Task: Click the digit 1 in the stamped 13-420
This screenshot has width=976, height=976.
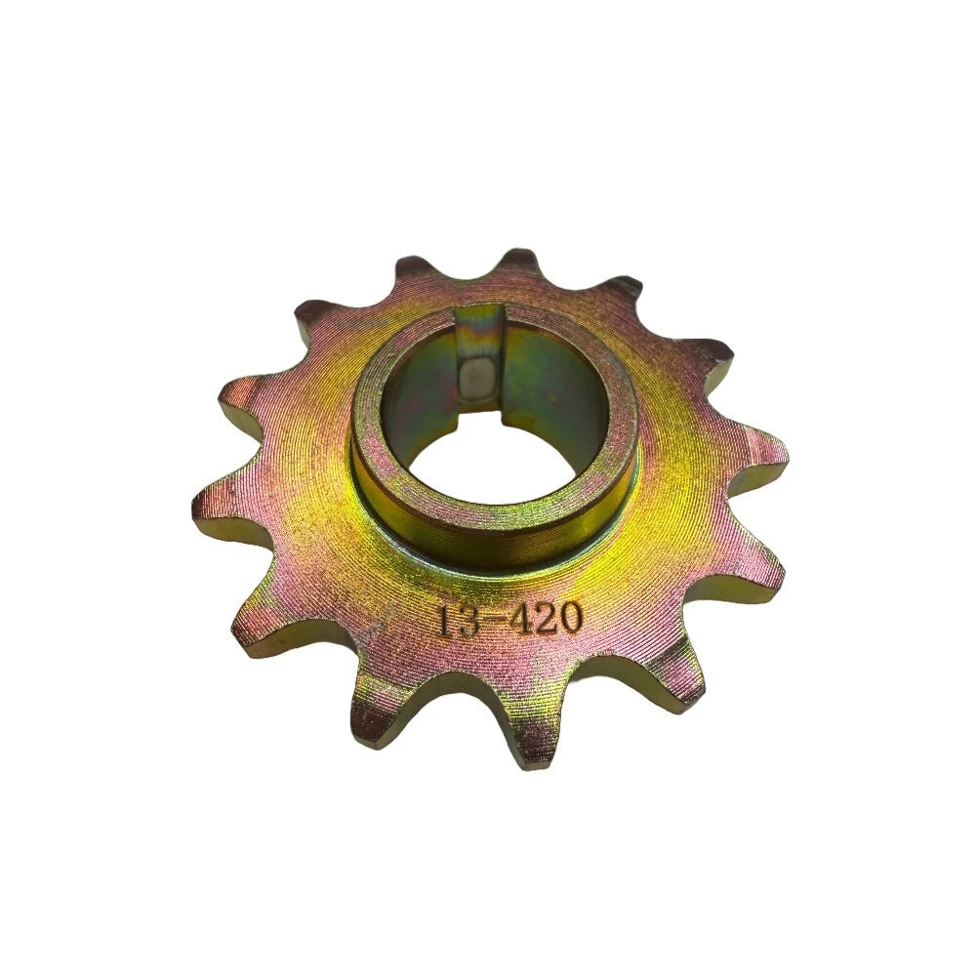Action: [x=445, y=621]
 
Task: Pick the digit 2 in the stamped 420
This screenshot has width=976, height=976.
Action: [x=545, y=619]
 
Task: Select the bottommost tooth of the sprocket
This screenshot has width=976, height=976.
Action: [x=522, y=737]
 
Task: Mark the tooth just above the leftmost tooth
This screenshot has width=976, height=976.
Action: [x=239, y=400]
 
